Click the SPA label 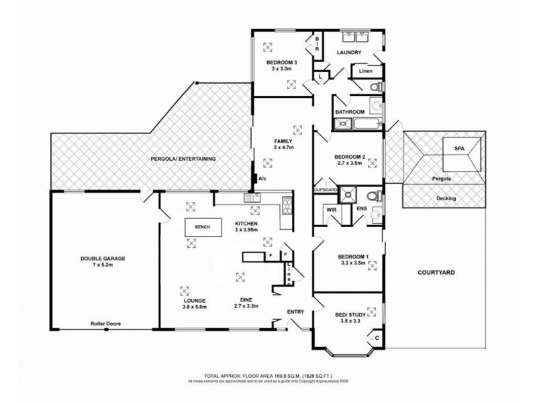coord(459,149)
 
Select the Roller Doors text coord(105,323)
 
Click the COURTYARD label coord(436,273)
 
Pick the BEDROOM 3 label coord(282,62)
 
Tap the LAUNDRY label coord(350,53)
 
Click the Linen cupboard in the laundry coord(366,71)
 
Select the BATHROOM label coord(350,112)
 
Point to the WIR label coord(331,210)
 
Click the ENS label coord(361,210)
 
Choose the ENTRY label coord(295,312)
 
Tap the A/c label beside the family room coord(263,179)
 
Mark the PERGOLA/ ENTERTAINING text coord(183,159)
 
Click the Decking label coord(444,199)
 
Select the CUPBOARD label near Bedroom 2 coord(326,190)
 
